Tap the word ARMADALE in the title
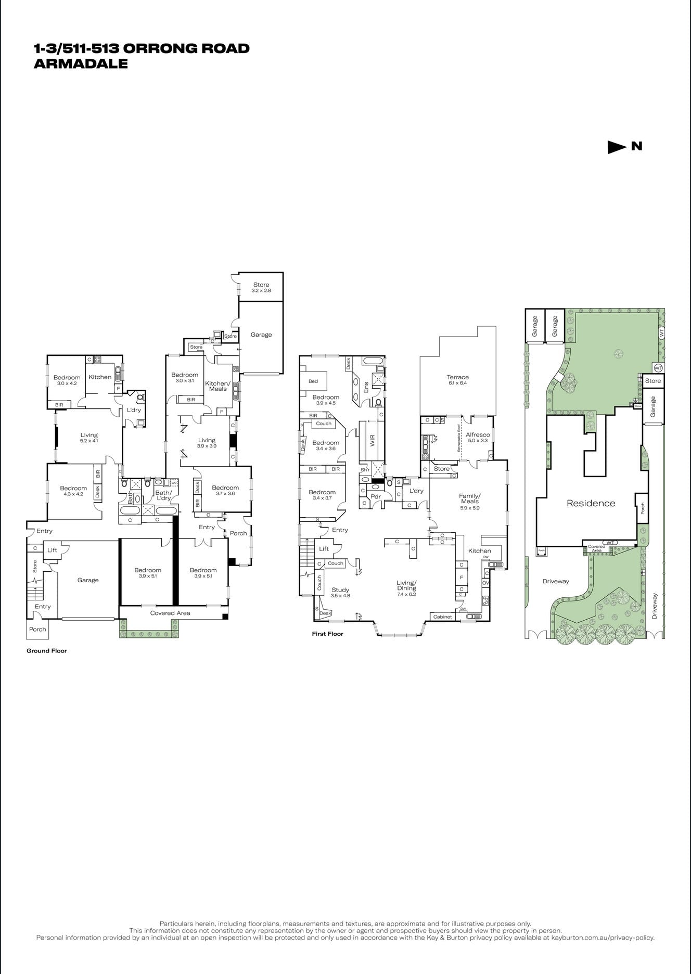[x=81, y=64]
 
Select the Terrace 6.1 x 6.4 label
[x=457, y=380]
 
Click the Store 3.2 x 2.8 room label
[x=261, y=287]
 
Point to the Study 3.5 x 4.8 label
[x=340, y=593]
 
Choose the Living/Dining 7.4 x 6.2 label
[x=406, y=588]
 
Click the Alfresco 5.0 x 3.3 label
[x=477, y=437]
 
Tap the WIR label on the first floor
[x=372, y=440]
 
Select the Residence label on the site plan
[x=591, y=503]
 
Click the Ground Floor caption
[x=47, y=651]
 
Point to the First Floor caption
[x=327, y=634]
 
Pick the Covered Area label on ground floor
[x=170, y=613]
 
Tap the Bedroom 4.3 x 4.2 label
[x=73, y=491]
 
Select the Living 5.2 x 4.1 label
[x=89, y=438]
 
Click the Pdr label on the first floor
[x=376, y=496]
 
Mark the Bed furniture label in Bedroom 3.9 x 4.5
[x=313, y=381]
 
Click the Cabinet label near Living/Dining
[x=442, y=617]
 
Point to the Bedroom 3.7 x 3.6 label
[x=225, y=490]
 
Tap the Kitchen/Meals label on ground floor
[x=217, y=386]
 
